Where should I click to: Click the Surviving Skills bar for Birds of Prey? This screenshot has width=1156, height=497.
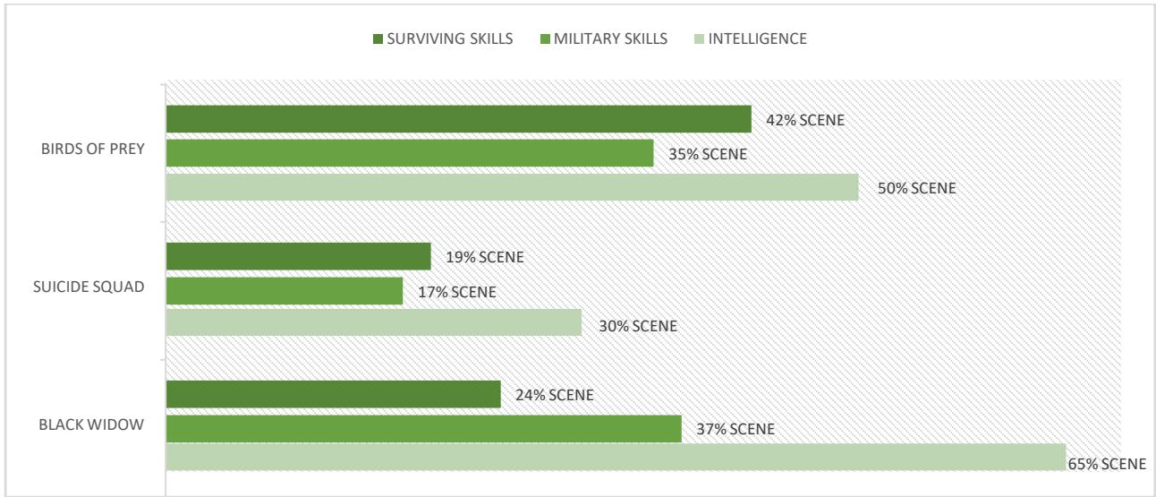(x=458, y=119)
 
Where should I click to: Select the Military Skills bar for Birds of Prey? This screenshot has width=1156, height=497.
(x=410, y=153)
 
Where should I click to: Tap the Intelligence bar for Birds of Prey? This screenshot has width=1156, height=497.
(x=512, y=187)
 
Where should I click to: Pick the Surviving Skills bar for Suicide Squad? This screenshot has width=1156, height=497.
(x=298, y=256)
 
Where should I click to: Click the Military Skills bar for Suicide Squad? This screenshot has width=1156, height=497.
(x=285, y=290)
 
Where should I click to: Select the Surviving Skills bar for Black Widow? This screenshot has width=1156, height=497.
(x=333, y=394)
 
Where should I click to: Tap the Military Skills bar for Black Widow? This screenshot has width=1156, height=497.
(x=423, y=428)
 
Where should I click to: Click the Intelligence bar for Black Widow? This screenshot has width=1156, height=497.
(x=616, y=457)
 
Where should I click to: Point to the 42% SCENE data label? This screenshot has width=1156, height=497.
(x=804, y=120)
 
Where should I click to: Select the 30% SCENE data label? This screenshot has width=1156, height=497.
(x=637, y=326)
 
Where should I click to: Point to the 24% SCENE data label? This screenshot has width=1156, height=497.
(x=554, y=395)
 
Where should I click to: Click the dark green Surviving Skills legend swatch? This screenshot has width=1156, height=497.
(x=378, y=39)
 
